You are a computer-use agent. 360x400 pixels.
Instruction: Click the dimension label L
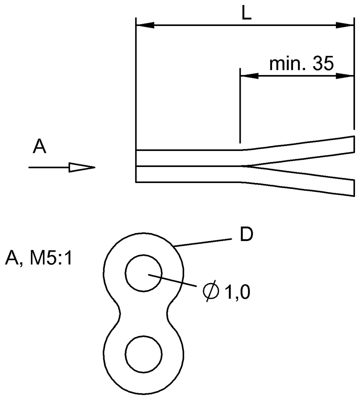pos(246,13)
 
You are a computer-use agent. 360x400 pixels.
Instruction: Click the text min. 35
pos(301,64)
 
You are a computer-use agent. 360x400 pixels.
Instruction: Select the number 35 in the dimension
pos(322,64)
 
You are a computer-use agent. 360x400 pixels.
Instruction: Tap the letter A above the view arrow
pos(39,147)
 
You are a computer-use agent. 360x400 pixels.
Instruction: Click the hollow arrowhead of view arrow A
pos(82,167)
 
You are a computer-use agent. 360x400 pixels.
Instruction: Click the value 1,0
pos(237,293)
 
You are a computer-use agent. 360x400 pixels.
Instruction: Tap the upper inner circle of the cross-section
pos(144,274)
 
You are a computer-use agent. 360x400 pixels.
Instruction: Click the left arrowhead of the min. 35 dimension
pos(249,76)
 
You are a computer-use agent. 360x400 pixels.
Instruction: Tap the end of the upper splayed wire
pos(353,144)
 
